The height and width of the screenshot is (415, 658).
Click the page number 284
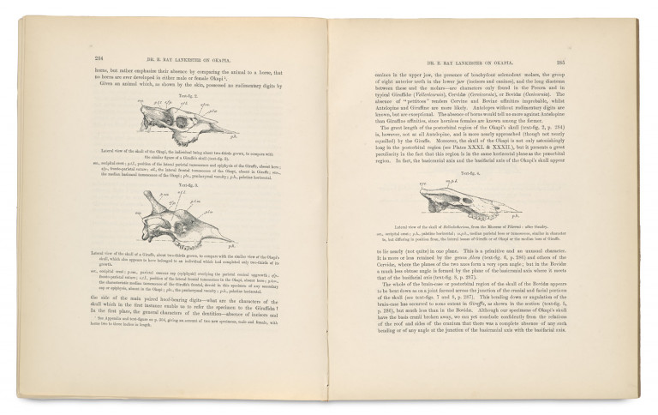[87, 59]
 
